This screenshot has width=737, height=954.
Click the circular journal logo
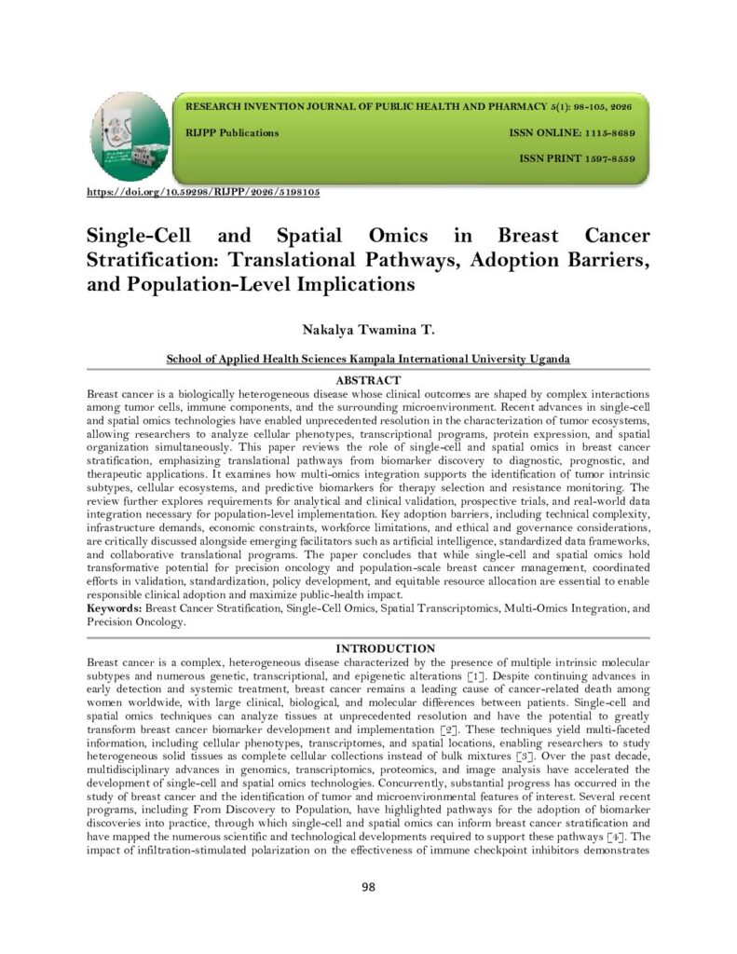130,138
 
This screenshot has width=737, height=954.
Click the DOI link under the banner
203,192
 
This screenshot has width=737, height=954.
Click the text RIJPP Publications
233,133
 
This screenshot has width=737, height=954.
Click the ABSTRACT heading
368,380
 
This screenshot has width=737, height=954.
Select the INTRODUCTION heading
369,648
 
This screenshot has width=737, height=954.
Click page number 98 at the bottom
368,886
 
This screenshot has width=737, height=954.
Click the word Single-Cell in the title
139,236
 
